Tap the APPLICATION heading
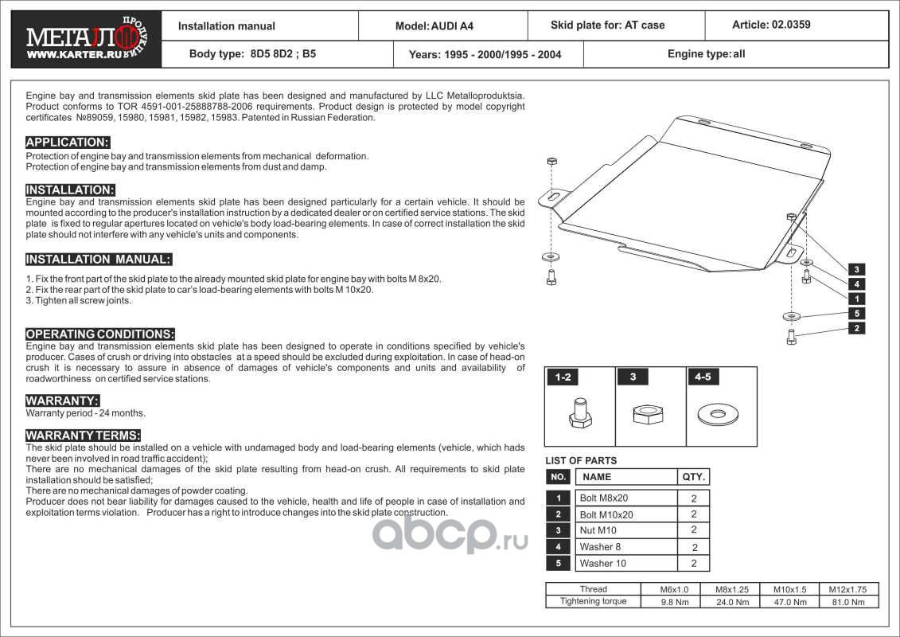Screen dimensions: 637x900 coord(67,143)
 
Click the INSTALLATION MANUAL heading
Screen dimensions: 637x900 coord(98,260)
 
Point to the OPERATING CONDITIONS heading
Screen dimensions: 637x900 coord(99,334)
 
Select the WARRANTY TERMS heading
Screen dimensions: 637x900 coord(83,436)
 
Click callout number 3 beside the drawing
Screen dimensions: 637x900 coord(855,269)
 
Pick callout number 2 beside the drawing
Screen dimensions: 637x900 coord(855,328)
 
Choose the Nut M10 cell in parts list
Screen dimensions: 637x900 coord(598,530)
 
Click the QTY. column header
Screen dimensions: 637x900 coord(694,477)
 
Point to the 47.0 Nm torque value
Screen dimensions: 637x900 coord(789,602)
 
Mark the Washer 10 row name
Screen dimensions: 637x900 coord(602,563)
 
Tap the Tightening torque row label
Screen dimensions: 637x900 coord(593,601)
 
